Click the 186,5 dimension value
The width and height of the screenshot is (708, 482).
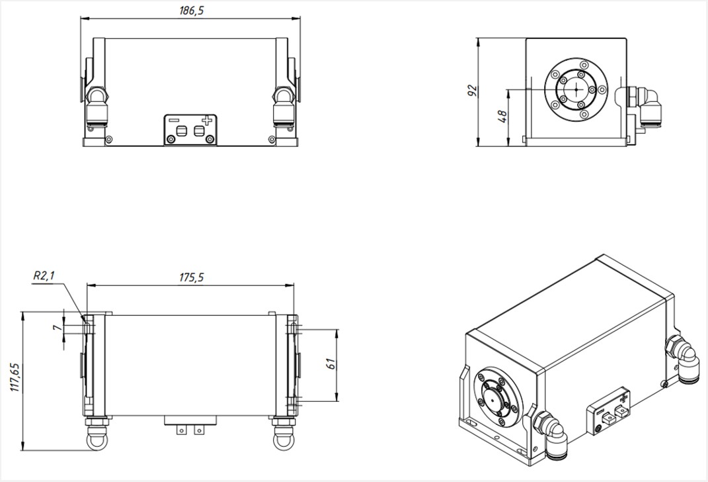(x=192, y=11)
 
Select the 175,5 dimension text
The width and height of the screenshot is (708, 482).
(x=192, y=277)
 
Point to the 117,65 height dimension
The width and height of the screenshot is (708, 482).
(x=17, y=377)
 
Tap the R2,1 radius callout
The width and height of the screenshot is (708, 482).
(x=44, y=275)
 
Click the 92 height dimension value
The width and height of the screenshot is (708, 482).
(x=472, y=91)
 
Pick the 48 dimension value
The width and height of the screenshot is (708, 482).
(x=502, y=117)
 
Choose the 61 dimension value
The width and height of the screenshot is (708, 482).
(x=331, y=363)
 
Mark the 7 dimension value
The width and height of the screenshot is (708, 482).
(x=57, y=326)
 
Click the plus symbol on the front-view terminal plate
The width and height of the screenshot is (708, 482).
(x=206, y=120)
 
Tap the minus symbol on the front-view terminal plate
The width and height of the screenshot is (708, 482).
(x=173, y=120)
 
